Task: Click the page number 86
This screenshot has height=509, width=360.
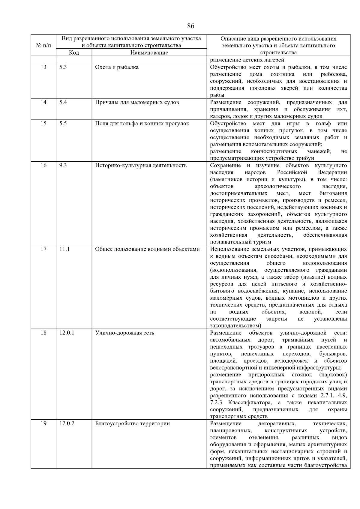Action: tap(190, 26)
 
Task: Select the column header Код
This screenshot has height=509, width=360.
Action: tap(74, 52)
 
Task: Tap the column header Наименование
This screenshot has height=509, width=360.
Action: tap(149, 52)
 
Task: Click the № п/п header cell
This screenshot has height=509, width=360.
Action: tap(43, 46)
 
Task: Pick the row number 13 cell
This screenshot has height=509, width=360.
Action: tap(43, 67)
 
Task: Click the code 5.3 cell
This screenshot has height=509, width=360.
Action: tap(63, 67)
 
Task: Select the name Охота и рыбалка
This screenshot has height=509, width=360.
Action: tap(117, 67)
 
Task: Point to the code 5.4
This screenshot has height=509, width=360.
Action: tap(63, 102)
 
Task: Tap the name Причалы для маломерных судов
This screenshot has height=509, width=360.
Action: tap(137, 102)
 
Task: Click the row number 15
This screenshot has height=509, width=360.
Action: tap(43, 124)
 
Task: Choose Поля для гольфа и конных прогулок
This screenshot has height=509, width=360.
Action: tap(142, 124)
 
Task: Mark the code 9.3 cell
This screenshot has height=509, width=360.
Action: tap(63, 165)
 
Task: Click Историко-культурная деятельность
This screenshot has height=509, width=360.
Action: tap(141, 165)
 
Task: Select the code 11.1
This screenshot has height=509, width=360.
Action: tap(64, 249)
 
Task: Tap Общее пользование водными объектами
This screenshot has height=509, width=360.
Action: tap(147, 249)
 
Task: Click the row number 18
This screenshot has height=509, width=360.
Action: tap(43, 333)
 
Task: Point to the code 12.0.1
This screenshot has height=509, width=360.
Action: tap(67, 333)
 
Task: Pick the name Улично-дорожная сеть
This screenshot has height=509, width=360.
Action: tap(124, 333)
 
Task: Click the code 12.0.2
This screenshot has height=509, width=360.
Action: tap(67, 424)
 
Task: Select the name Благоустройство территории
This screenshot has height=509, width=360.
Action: tap(132, 424)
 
